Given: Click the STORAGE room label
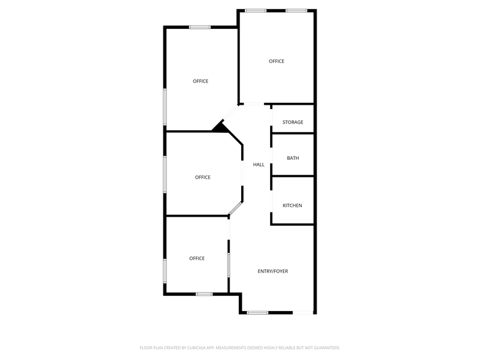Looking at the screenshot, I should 293,122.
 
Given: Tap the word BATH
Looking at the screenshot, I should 293,159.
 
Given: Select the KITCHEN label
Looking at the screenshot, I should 292,206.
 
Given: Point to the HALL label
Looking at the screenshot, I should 258,165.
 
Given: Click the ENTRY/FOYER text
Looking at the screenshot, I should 272,271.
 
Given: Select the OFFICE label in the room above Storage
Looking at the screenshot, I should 277,61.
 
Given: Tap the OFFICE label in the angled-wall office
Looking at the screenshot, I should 203,178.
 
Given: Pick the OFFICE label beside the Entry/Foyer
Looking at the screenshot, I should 197,258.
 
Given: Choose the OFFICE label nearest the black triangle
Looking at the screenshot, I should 200,81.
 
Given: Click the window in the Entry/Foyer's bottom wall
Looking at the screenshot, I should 257,313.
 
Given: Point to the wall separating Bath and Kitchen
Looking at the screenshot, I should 293,176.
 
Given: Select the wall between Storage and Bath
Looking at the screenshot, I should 293,133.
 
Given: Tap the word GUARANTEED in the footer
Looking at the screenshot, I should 324,347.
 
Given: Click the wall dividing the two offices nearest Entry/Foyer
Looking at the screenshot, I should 196,216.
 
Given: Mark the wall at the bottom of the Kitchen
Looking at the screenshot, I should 293,224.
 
